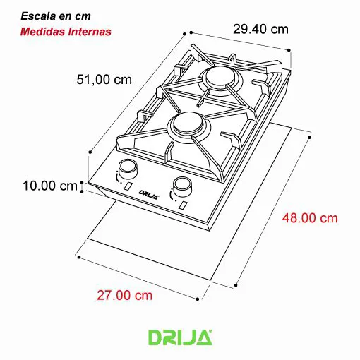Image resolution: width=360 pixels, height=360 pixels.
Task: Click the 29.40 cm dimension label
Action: [260, 29]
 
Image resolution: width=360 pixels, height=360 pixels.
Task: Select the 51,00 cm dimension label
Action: [103, 80]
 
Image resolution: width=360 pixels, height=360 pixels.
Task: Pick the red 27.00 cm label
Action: [124, 295]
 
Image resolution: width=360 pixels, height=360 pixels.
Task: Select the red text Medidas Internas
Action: [65, 32]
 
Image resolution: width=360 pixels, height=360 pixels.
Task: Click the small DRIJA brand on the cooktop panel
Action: [148, 192]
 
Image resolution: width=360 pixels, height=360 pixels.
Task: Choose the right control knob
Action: [182, 187]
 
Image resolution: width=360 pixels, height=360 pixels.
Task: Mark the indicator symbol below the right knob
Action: [182, 205]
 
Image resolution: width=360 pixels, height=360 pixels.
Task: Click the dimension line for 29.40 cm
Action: [240, 40]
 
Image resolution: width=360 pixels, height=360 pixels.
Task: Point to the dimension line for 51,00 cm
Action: [138, 92]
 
